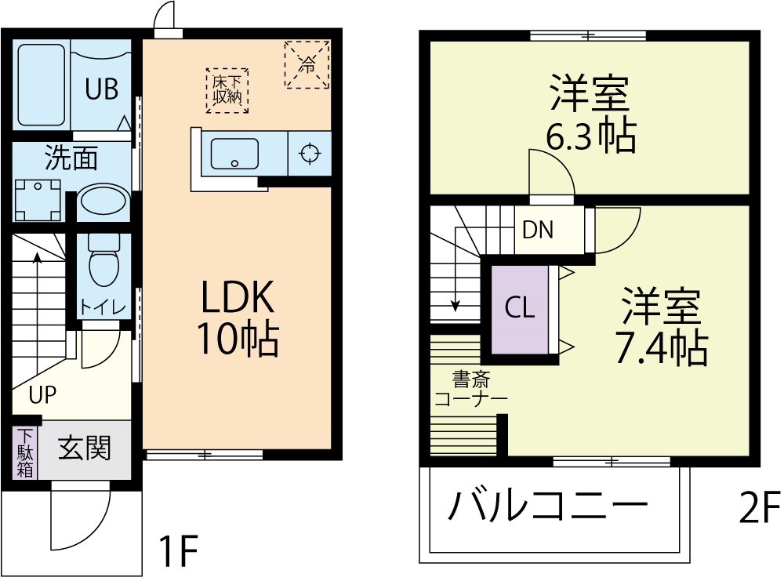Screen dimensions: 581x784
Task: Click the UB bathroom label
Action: click(102, 89)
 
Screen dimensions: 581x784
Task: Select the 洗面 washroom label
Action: click(71, 159)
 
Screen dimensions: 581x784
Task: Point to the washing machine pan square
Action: click(38, 201)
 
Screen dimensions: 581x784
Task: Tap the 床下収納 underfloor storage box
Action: click(227, 89)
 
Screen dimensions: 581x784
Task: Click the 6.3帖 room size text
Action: click(590, 138)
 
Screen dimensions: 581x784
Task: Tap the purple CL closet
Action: click(519, 308)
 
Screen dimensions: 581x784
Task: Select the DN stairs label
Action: click(538, 230)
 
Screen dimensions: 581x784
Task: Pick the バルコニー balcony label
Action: click(548, 508)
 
